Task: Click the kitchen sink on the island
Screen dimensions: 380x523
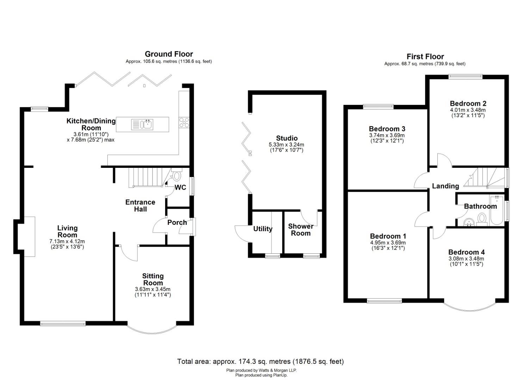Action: coord(142,124)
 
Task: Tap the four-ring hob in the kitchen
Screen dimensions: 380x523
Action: coord(184,122)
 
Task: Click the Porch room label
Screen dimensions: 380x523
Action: coord(177,222)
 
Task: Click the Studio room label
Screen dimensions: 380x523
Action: coord(287,138)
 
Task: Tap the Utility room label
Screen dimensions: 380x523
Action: coord(263,229)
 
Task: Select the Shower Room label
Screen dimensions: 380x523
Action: coord(300,230)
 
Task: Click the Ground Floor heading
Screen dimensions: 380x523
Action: coord(169,54)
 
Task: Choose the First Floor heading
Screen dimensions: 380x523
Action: coord(425,57)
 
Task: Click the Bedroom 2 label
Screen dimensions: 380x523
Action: coord(468,103)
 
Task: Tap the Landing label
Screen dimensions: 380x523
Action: coord(446,186)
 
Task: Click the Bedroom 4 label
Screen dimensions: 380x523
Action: coord(466,252)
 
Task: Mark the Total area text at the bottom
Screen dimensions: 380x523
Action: coord(260,361)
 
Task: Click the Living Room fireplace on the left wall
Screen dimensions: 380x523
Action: coord(29,236)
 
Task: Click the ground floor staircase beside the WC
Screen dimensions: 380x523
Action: coord(145,177)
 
